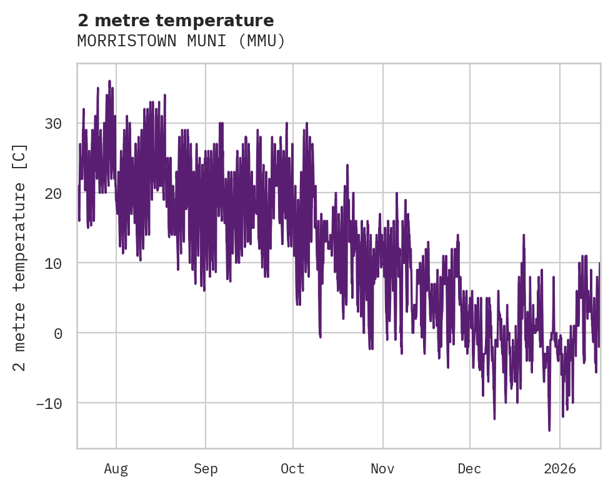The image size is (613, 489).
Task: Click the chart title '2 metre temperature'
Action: point(176,21)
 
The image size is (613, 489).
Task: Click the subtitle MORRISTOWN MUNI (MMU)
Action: point(181,41)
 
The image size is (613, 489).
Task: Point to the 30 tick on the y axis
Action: point(53,124)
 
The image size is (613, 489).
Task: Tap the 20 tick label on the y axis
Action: point(53,194)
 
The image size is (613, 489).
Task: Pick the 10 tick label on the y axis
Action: point(53,263)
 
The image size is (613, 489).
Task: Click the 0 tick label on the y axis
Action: point(57,333)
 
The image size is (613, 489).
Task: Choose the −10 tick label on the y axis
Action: point(49,403)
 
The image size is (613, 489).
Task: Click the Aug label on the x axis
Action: point(116,468)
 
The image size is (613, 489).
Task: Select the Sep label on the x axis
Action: point(206,468)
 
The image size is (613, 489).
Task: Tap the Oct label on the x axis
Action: point(292,468)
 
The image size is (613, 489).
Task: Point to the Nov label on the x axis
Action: point(382,468)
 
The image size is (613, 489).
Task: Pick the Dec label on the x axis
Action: point(469,468)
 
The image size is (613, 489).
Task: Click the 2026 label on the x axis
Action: point(560,468)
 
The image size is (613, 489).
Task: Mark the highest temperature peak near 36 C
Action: point(109,81)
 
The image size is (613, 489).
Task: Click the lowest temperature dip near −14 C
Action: point(549,430)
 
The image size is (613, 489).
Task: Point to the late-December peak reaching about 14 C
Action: point(524,236)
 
